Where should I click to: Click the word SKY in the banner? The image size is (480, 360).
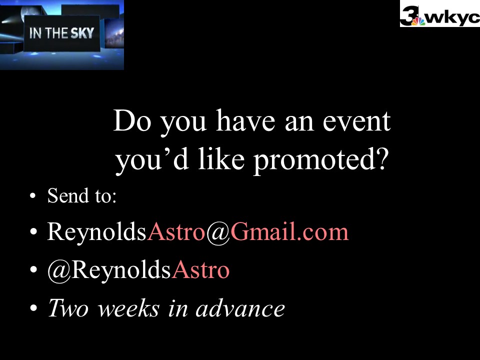[x=82, y=33]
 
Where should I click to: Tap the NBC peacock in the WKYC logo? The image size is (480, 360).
[x=418, y=21]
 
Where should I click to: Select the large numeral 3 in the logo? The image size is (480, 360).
[x=408, y=15]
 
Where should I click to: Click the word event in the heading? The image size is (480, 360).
[x=356, y=121]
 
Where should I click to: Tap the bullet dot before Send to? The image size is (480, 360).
[x=33, y=196]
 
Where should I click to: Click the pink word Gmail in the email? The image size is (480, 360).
[x=263, y=231]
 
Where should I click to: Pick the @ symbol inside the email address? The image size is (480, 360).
[x=217, y=232]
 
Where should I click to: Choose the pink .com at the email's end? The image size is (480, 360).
[x=323, y=232]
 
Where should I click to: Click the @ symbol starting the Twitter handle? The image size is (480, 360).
[x=59, y=270]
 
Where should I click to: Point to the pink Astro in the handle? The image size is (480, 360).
[x=200, y=269]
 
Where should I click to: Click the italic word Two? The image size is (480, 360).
[x=68, y=308]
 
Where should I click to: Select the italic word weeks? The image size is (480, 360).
[x=128, y=308]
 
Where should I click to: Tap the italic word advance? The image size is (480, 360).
[x=240, y=308]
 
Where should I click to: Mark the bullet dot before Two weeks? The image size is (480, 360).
[x=33, y=308]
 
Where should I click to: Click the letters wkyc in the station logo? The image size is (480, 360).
[x=452, y=18]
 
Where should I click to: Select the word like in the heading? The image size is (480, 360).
[x=221, y=158]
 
